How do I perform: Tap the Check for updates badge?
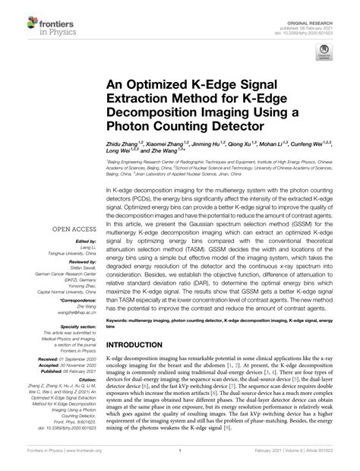pyautogui.click(x=324, y=54)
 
